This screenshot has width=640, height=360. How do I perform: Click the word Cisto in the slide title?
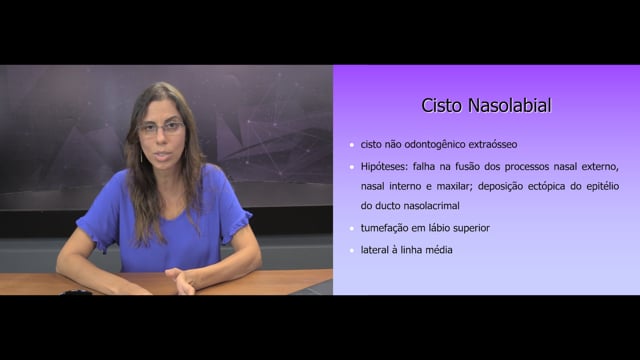(x=442, y=105)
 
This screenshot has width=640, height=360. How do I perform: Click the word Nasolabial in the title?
(x=510, y=105)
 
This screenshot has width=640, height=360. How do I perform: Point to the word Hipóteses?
(x=384, y=167)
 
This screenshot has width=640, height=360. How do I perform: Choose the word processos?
(x=527, y=167)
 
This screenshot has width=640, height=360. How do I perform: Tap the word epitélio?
(x=602, y=187)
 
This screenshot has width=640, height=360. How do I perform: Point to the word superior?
(x=471, y=228)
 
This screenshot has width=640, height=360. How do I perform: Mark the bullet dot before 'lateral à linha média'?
(x=352, y=250)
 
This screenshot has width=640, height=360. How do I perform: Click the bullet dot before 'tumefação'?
(x=352, y=228)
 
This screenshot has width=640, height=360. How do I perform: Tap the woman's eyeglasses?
(x=162, y=129)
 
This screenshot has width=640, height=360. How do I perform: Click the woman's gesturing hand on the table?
(x=182, y=281)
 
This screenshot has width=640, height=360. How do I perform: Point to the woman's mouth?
(x=163, y=156)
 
